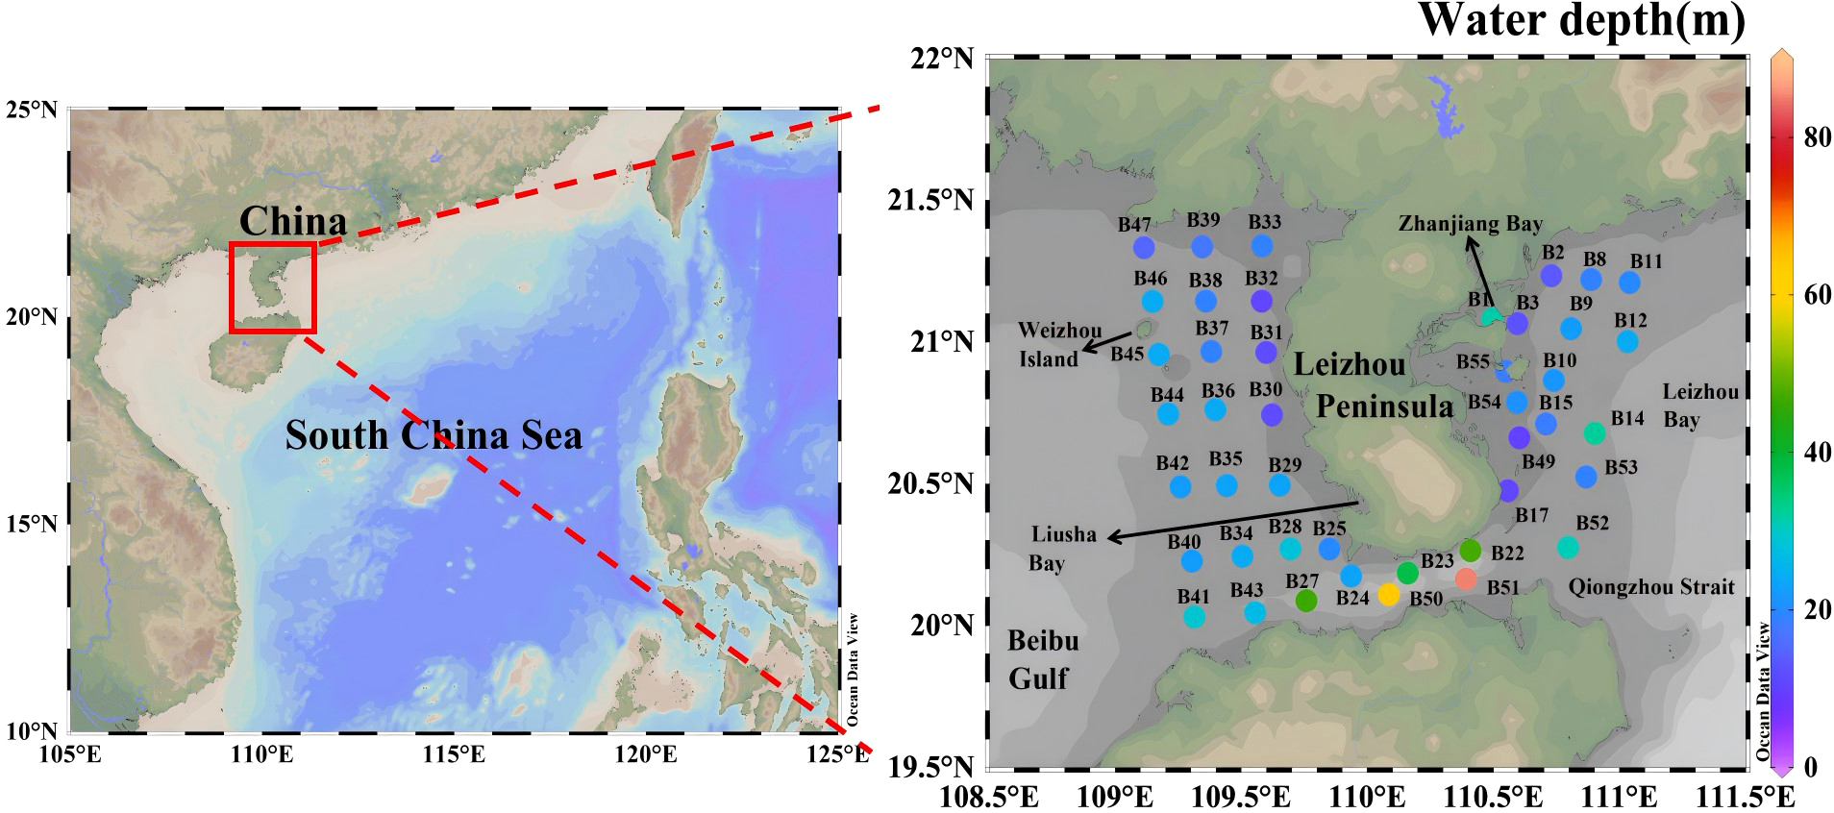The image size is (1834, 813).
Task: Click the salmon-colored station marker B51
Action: click(1466, 579)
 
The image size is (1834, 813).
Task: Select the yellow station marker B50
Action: click(1389, 594)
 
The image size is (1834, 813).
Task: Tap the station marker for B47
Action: click(1144, 247)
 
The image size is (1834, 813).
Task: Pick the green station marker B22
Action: click(1470, 551)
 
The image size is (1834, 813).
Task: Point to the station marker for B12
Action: click(1627, 341)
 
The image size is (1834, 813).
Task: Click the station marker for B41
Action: click(1194, 617)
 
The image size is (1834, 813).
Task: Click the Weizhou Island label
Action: click(1059, 344)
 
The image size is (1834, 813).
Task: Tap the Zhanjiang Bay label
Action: click(1470, 224)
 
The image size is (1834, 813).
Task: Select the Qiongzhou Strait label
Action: click(1650, 586)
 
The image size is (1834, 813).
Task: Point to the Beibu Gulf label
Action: click(1042, 659)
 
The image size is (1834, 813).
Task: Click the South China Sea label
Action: click(434, 435)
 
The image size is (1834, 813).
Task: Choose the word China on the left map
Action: click(292, 221)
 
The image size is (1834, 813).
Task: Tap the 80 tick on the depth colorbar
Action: click(1818, 136)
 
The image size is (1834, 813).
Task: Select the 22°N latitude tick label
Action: click(941, 59)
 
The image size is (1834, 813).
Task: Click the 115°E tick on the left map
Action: click(454, 753)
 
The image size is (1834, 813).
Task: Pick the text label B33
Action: click(1264, 221)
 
